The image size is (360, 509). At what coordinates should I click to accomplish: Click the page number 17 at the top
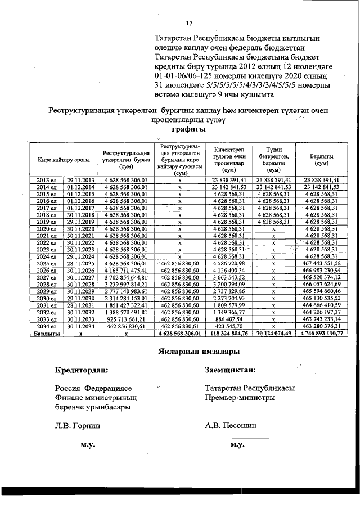tap(189, 23)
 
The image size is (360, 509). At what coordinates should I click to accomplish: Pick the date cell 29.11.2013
tap(80, 179)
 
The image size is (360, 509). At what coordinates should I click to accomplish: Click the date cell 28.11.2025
tap(80, 263)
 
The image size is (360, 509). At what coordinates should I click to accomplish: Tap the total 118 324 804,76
tap(229, 333)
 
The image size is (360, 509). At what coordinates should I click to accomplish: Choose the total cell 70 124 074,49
tap(274, 333)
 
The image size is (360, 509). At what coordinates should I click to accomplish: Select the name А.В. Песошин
tap(231, 426)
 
